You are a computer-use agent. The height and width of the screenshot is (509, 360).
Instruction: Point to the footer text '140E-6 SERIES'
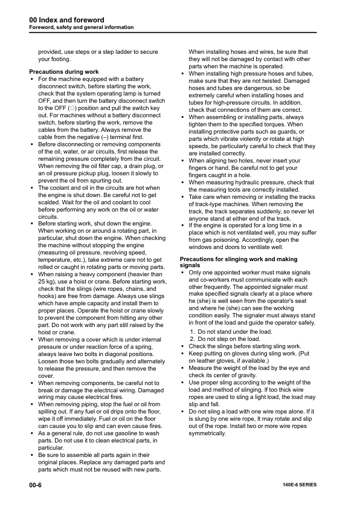pyautogui.click(x=299, y=485)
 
